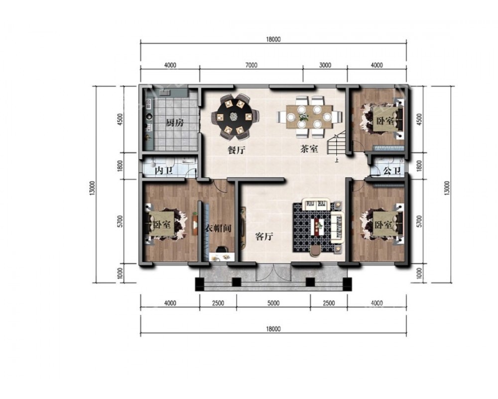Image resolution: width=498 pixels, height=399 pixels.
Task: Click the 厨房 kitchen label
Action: click(175, 123)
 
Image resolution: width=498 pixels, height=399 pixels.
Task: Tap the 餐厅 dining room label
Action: click(237, 150)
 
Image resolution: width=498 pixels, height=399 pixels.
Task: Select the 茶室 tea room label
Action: click(309, 149)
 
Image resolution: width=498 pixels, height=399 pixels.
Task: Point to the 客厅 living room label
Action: click(264, 236)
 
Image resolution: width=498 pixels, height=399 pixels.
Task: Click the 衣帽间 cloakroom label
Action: click(218, 228)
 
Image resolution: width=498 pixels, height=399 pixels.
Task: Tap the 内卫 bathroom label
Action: click(163, 171)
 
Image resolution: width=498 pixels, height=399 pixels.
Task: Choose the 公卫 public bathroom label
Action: click(391, 171)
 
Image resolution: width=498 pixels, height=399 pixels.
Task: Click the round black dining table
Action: click(234, 117)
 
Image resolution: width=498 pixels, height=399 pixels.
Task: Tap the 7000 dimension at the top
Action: click(251, 65)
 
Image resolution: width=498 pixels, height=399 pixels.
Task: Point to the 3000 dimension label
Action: click(325, 65)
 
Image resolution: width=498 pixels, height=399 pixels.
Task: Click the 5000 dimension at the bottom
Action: click(273, 303)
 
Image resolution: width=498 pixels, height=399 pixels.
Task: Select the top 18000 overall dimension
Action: click(273, 39)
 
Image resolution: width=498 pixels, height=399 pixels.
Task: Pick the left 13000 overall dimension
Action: click(92, 188)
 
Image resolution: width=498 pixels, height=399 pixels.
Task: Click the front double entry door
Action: click(273, 272)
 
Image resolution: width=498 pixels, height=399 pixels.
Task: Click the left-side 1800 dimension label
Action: click(120, 166)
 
